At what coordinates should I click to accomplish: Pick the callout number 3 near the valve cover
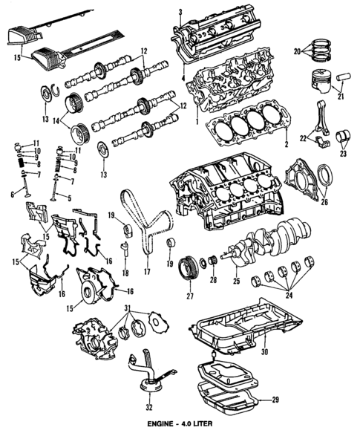point(180,11)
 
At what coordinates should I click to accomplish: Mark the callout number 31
point(128,309)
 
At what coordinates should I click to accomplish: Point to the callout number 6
point(12,195)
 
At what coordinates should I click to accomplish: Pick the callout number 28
point(212,281)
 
